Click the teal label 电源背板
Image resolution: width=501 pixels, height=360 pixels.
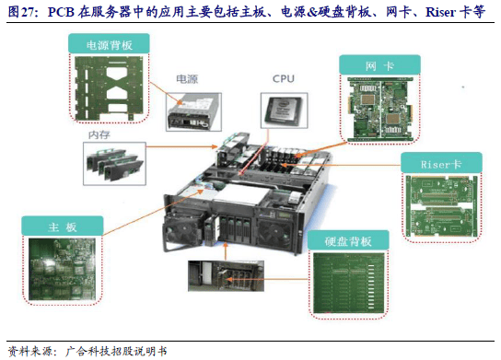(109, 43)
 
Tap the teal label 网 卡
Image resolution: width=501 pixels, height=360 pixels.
(379, 65)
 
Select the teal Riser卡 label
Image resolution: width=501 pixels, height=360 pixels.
(441, 163)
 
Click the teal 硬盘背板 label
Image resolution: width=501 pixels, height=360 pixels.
(348, 240)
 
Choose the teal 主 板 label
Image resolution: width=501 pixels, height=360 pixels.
(63, 226)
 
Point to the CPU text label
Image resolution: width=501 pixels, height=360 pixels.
(284, 78)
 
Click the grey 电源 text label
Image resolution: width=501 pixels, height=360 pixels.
(187, 79)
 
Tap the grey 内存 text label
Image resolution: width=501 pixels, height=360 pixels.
(99, 134)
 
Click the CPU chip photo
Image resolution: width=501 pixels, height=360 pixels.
(284, 110)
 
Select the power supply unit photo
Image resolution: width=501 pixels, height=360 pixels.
(193, 112)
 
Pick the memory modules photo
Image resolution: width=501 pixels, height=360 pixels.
(114, 164)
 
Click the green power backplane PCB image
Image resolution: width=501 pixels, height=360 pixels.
(109, 88)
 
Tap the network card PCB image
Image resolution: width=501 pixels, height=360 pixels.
(380, 109)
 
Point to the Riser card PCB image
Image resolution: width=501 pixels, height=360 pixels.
(441, 206)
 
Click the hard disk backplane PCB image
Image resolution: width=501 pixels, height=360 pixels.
(349, 283)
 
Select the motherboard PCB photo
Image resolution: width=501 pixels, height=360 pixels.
(62, 269)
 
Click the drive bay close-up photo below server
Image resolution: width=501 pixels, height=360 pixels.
(226, 275)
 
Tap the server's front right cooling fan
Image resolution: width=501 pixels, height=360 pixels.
(275, 232)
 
